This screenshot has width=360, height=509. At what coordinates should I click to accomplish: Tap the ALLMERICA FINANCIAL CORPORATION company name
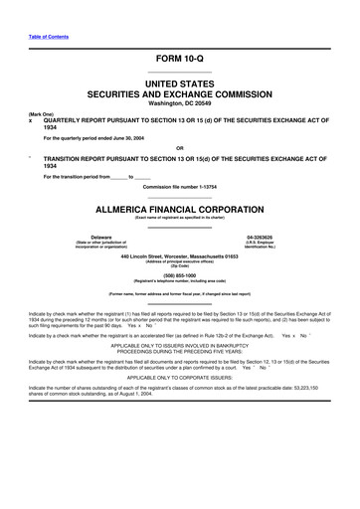click(x=179, y=212)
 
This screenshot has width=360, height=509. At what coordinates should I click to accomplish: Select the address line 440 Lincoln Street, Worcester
click(x=179, y=256)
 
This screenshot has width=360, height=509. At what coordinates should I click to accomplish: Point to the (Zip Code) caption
click(x=179, y=266)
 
